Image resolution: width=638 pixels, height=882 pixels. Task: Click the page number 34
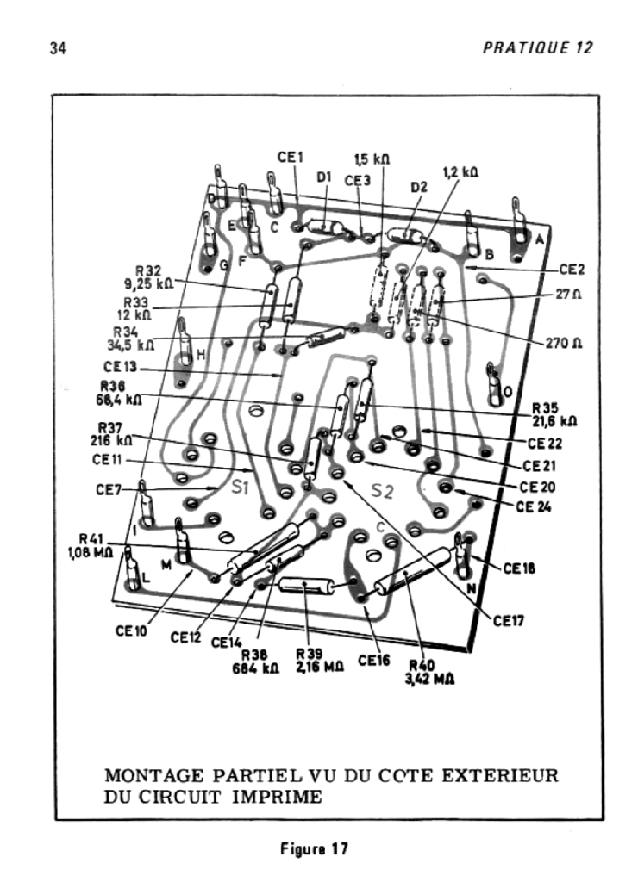pos(59,47)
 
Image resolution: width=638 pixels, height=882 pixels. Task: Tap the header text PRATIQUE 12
pos(538,47)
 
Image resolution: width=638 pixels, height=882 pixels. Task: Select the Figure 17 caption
pos(315,848)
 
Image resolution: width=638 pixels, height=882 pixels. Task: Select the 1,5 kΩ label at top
pos(372,158)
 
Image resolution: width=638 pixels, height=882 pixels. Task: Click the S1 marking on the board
pos(241,487)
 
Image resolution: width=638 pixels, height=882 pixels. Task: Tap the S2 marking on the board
pos(382,492)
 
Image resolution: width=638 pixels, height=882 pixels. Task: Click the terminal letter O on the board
pos(508,392)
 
